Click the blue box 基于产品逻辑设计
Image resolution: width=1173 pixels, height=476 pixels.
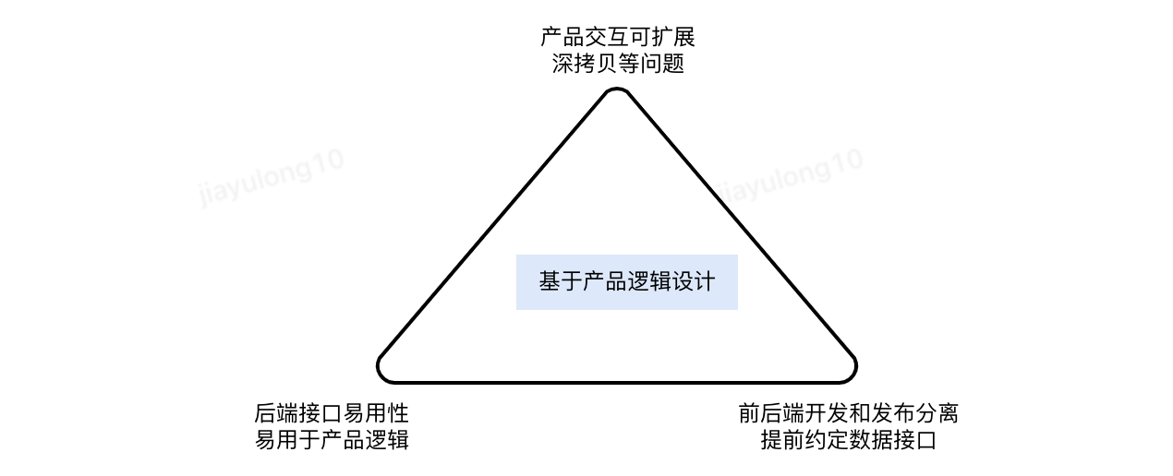pyautogui.click(x=626, y=282)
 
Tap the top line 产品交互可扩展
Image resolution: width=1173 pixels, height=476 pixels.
pyautogui.click(x=617, y=38)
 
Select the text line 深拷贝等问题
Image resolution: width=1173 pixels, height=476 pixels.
pyautogui.click(x=617, y=65)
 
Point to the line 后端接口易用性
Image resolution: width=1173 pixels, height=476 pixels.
pyautogui.click(x=332, y=412)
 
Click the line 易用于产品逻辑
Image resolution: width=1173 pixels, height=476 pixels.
pyautogui.click(x=332, y=440)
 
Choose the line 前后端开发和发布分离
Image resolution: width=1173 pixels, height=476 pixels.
pyautogui.click(x=849, y=412)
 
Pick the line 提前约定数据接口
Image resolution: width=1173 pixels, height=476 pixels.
pyautogui.click(x=849, y=440)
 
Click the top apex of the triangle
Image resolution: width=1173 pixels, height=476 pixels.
pyautogui.click(x=617, y=91)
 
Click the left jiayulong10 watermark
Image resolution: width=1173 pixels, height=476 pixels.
pyautogui.click(x=272, y=177)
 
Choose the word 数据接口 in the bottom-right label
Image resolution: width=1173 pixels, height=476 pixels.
pyautogui.click(x=893, y=440)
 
